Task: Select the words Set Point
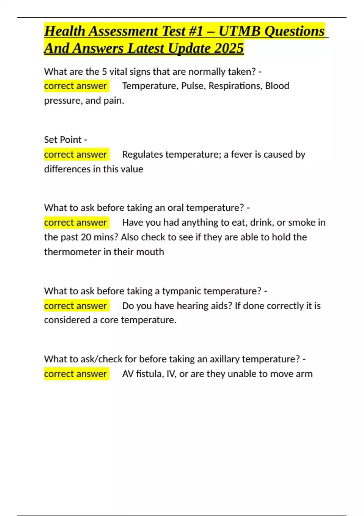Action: point(63,140)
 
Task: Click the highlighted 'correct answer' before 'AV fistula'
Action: point(76,374)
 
